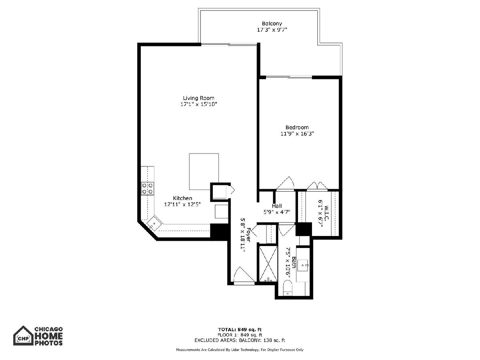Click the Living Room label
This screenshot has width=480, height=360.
tap(198, 98)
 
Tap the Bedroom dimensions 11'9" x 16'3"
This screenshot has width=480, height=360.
tap(297, 134)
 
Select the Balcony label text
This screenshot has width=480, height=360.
tap(272, 24)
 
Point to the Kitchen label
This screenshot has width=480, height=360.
tap(182, 198)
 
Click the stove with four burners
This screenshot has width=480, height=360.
tap(147, 189)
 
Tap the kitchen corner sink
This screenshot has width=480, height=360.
tap(154, 224)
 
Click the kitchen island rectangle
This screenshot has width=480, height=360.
tap(204, 172)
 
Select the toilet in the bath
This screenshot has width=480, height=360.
tap(288, 288)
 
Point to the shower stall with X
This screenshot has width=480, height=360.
tap(268, 264)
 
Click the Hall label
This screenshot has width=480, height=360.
tap(277, 206)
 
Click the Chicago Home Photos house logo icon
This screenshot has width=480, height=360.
tap(23, 336)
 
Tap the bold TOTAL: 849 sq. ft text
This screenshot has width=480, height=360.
tap(240, 329)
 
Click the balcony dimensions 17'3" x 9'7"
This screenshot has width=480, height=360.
tap(272, 30)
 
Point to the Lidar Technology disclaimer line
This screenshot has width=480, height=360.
tap(240, 350)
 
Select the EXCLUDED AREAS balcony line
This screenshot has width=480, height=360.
tap(240, 340)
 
